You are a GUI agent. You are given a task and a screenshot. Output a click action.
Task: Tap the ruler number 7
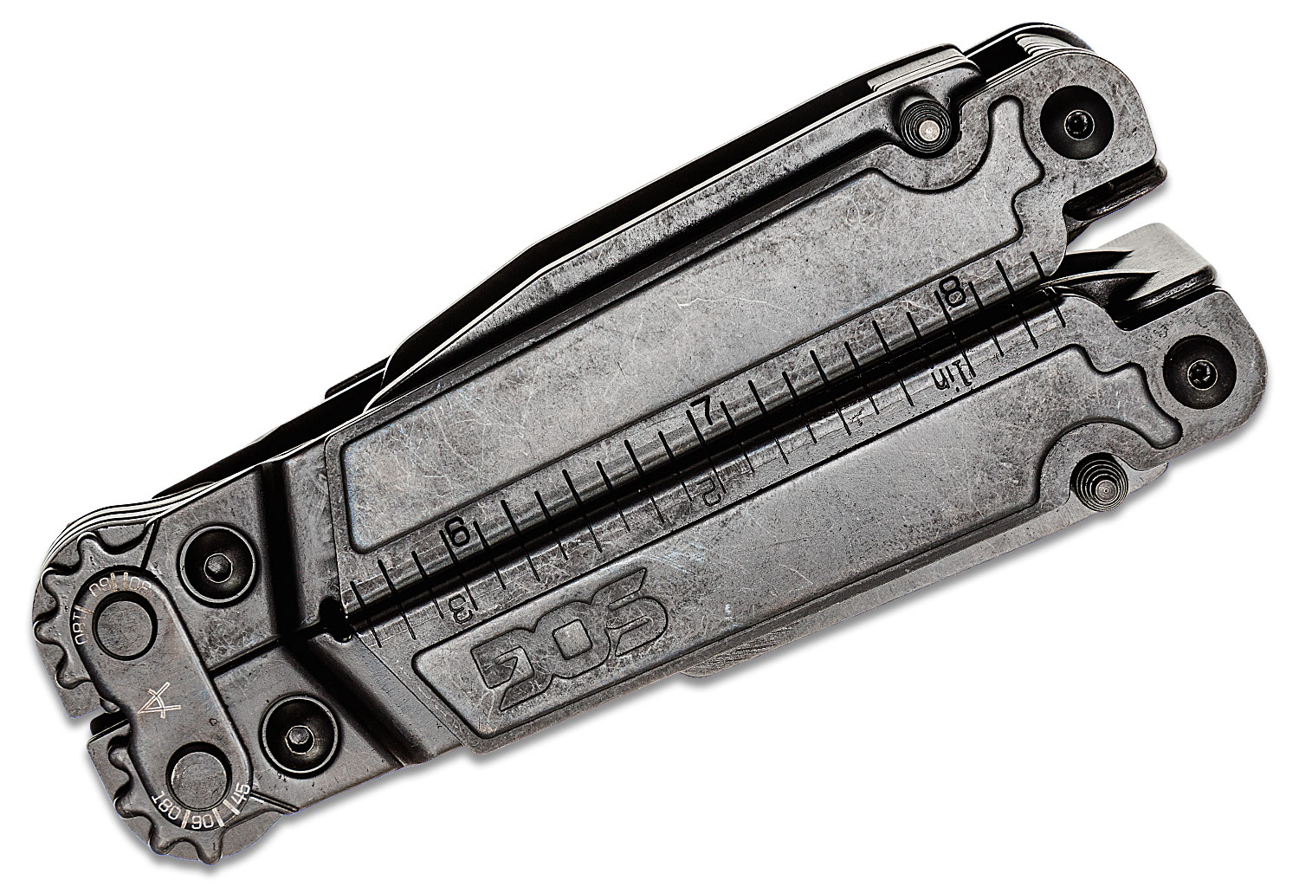(706, 416)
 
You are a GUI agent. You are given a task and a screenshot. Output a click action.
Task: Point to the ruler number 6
(455, 537)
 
